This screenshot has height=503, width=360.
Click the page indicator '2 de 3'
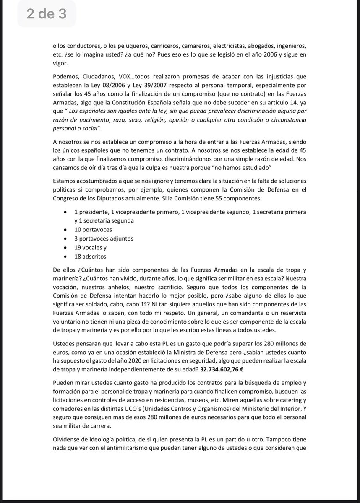46,14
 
